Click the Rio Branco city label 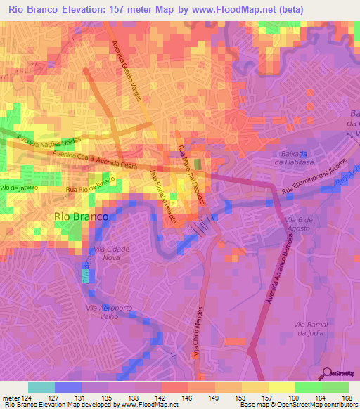(x=81, y=217)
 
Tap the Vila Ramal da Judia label (x=309, y=328)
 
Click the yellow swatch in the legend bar (x=281, y=387)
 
